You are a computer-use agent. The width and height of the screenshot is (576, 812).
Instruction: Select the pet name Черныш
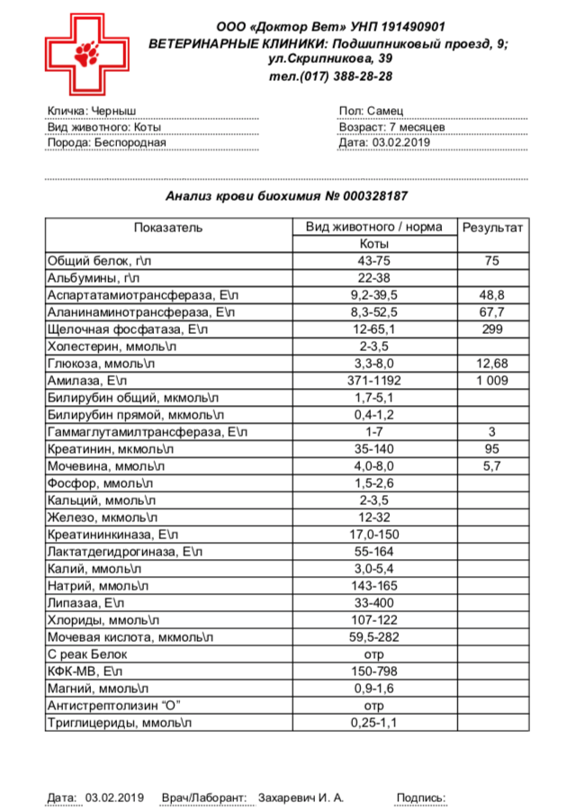[x=117, y=112]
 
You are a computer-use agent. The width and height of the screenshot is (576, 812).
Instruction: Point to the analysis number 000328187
[x=372, y=195]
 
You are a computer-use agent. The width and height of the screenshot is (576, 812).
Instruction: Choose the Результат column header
[x=492, y=228]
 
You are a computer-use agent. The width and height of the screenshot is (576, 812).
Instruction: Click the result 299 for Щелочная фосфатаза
[x=492, y=329]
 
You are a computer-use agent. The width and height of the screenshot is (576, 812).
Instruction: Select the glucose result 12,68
[x=492, y=364]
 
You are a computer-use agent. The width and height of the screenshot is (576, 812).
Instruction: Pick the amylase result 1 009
[x=492, y=381]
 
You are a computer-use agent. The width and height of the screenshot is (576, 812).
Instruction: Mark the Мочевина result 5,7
[x=492, y=465]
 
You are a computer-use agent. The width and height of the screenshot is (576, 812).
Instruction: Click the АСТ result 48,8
[x=492, y=295]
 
